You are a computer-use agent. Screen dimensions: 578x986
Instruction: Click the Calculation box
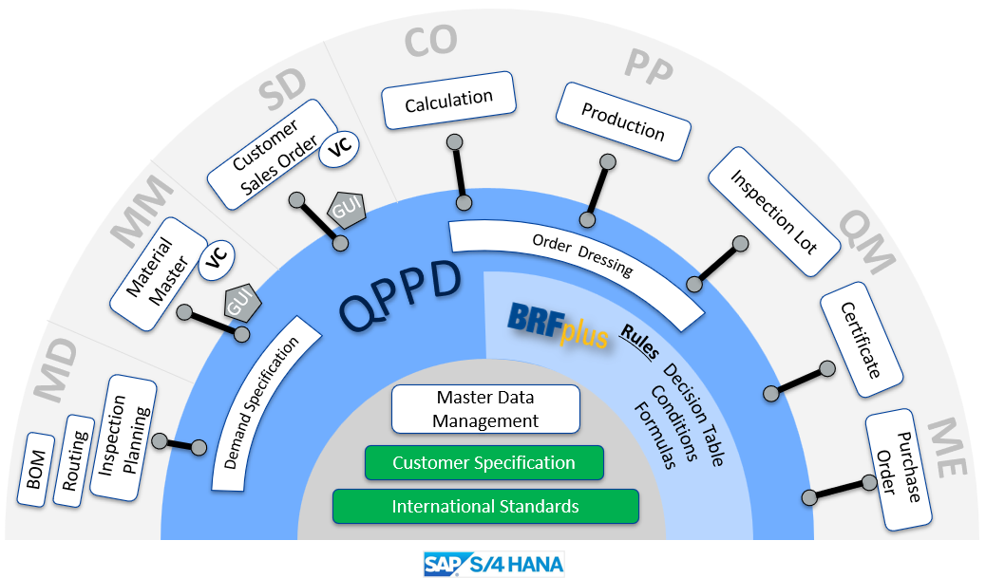coord(448,100)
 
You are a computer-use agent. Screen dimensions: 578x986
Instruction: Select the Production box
coord(623,121)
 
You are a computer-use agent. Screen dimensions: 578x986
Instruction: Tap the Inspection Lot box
coord(774,213)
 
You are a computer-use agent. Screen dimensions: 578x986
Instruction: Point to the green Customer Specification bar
coord(484,463)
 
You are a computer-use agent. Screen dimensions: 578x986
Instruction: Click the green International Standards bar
coord(485,507)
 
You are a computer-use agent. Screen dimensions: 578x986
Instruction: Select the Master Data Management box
coord(486,409)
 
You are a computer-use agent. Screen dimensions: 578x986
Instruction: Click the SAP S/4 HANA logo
coord(494,565)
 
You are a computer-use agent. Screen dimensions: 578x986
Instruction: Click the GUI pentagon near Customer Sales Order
coord(345,210)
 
